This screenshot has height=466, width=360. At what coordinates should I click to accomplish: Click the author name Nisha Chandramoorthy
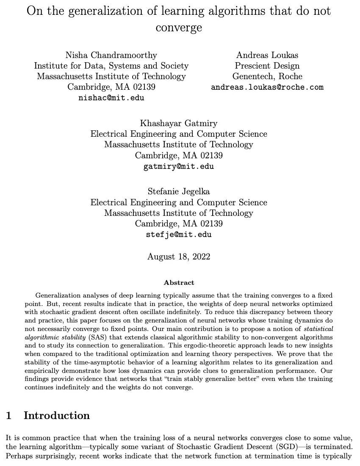point(111,55)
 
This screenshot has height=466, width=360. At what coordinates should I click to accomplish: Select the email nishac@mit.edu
point(111,98)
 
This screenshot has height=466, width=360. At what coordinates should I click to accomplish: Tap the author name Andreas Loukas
point(267,55)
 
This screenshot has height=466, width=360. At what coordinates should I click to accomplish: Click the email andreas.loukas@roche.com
point(267,87)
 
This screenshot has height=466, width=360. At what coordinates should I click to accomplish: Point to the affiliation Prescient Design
point(267,66)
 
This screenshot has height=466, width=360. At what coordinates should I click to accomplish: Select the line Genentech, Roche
point(267,77)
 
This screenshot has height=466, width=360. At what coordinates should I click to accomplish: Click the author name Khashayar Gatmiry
point(179,123)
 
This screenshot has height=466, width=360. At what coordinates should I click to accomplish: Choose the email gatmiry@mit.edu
point(179,166)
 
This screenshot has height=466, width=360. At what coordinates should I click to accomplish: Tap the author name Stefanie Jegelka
point(179,191)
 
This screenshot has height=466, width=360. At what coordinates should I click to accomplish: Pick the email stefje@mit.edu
point(179,234)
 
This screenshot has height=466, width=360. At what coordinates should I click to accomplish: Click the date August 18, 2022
point(179,256)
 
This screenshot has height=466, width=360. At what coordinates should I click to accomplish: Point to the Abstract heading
point(179,282)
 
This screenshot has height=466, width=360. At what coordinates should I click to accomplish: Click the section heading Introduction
point(56,416)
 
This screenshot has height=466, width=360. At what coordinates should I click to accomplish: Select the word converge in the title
point(179,28)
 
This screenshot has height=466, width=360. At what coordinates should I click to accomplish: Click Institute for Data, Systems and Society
point(111,66)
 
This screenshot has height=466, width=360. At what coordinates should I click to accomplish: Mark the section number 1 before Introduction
point(8,416)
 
